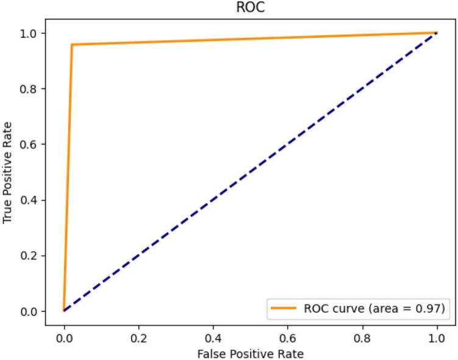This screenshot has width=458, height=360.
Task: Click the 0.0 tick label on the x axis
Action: click(x=64, y=335)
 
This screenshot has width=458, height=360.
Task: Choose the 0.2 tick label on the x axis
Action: click(x=138, y=335)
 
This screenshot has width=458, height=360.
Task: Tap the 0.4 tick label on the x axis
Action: click(x=213, y=335)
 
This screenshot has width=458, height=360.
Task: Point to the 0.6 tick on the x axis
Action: click(x=288, y=335)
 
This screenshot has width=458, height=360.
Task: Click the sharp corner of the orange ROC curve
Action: click(x=72, y=45)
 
